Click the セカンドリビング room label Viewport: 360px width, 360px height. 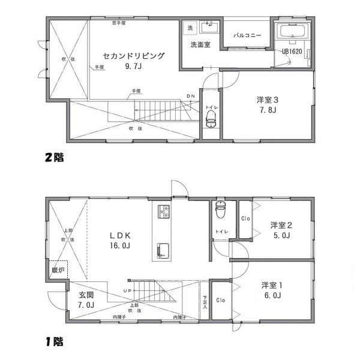[x=133, y=56]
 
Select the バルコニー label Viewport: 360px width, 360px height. [x=247, y=35]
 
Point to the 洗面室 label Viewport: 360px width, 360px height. [x=200, y=45]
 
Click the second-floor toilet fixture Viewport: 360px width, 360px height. [x=211, y=120]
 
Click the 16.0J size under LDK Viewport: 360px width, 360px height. [x=120, y=245]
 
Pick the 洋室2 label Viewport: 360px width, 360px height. [x=281, y=225]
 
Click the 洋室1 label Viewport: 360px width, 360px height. [x=272, y=285]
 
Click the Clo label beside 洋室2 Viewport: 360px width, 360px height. [x=245, y=218]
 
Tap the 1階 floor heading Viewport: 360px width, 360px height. [x=54, y=343]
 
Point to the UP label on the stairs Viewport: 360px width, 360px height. [x=127, y=291]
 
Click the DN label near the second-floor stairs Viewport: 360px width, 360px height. [x=191, y=96]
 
